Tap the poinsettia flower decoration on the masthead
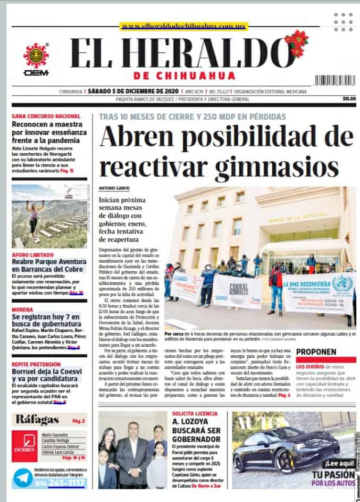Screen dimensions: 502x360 pos(297,43)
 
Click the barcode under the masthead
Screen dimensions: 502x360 pos(335,80)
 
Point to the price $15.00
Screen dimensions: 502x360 pos(349,99)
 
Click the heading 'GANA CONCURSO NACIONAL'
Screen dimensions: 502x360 pos(46,116)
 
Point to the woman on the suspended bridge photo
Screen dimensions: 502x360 pos(33,217)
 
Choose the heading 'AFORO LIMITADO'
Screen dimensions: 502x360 pos(33,255)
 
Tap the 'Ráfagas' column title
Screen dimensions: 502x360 pos(37,420)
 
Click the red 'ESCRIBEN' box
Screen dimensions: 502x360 pos(24,445)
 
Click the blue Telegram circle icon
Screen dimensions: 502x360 pos(22,478)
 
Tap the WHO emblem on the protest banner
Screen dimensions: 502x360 pos(341,284)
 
